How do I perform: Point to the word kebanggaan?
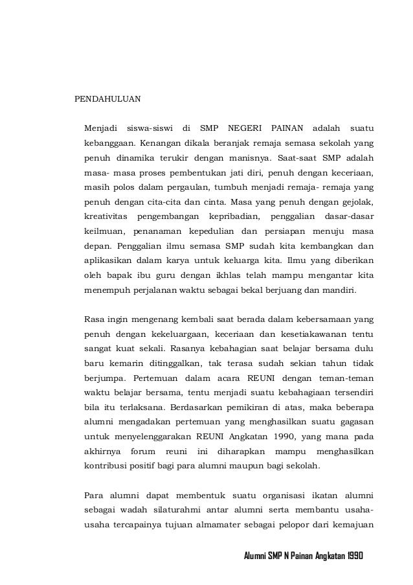pos(107,142)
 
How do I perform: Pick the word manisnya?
pos(248,158)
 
